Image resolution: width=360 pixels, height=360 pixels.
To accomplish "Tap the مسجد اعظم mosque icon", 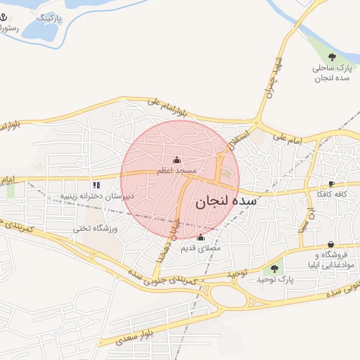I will pos(176,159).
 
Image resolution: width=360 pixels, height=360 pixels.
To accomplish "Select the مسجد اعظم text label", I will pos(176,171).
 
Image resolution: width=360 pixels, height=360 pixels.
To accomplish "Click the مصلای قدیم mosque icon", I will pos(201,237).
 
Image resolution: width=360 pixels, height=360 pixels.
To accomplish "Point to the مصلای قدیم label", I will pos(201,248).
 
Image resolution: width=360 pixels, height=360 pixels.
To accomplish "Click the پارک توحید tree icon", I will pos(274,269).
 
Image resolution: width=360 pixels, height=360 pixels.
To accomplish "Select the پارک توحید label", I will pos(274,280).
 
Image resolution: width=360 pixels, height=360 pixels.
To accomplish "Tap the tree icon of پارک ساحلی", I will pos(332,57).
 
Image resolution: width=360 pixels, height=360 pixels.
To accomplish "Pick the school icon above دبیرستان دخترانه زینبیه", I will pos(96,184).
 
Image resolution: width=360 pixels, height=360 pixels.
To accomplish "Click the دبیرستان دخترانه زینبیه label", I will pos(96,196).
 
